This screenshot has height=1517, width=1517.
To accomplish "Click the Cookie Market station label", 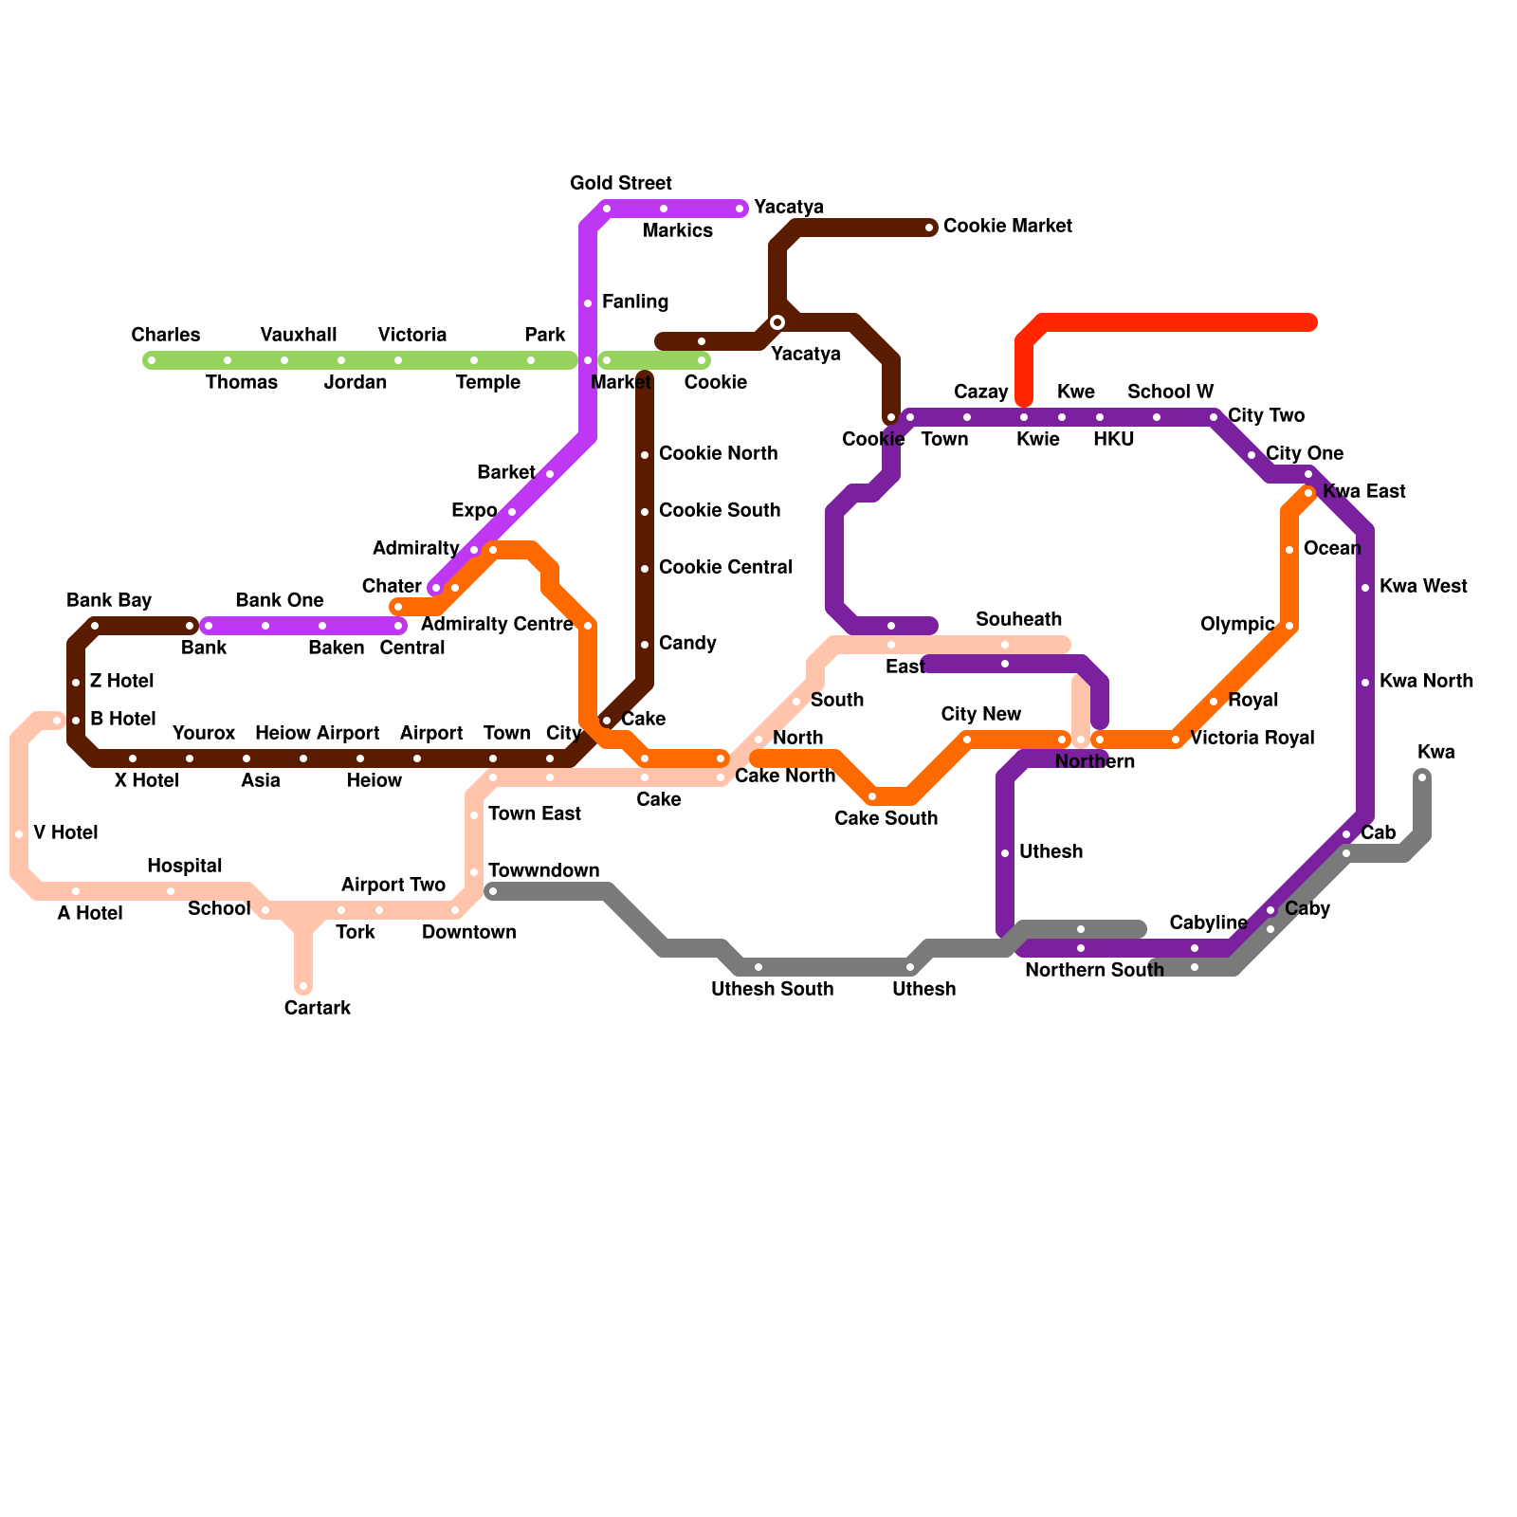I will tap(1007, 227).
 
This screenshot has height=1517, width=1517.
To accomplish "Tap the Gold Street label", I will tap(621, 183).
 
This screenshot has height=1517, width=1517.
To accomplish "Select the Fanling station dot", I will tap(588, 303).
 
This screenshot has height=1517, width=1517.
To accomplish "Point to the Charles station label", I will tap(166, 335).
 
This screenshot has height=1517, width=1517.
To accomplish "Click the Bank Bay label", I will tap(109, 600).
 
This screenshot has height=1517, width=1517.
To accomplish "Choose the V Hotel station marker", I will tap(19, 834).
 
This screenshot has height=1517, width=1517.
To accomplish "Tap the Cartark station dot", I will tap(303, 986).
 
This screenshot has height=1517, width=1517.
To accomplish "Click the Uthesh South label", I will tap(772, 989).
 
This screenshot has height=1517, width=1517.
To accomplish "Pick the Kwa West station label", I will tap(1423, 586).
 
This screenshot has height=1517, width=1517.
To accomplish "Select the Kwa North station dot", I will tap(1365, 683).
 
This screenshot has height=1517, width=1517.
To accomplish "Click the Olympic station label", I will tap(1237, 624).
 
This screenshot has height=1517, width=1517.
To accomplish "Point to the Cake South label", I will tap(886, 818).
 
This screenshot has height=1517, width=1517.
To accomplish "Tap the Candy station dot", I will tap(645, 645).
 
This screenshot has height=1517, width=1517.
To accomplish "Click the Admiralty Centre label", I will tap(497, 624).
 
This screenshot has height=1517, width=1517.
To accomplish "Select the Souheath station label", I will tap(1018, 619).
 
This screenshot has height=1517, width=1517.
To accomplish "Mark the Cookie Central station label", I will tap(725, 567).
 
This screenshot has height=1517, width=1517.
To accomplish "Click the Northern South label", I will tap(1094, 970).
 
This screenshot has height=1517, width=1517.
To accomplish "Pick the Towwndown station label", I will tap(543, 870).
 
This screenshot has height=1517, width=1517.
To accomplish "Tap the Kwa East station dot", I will tap(1308, 493).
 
